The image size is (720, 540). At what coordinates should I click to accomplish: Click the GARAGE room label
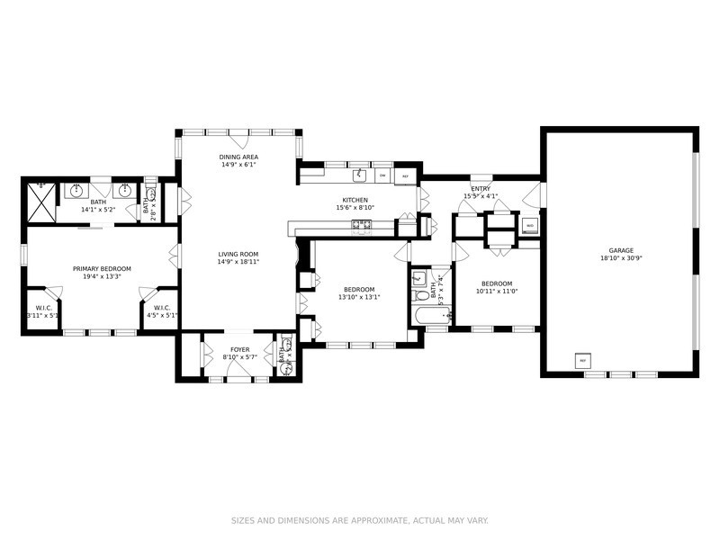[621, 250]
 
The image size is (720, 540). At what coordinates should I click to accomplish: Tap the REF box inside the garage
[582, 361]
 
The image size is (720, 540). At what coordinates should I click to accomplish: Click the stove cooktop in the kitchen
[362, 225]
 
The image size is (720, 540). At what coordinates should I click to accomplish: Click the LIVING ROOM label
[238, 254]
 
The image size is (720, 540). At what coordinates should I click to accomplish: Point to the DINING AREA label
[238, 157]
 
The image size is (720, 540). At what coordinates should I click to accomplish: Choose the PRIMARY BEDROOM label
[102, 268]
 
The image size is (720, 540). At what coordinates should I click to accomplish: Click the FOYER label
[239, 349]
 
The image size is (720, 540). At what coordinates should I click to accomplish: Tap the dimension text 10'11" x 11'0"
[496, 291]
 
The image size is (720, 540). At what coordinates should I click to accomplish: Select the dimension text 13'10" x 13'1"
[357, 298]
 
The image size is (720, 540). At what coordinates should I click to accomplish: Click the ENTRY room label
[481, 188]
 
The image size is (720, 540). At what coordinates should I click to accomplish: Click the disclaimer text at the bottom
[360, 519]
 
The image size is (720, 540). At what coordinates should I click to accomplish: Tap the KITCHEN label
[355, 200]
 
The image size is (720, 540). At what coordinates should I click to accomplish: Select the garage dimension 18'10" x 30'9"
[621, 258]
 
